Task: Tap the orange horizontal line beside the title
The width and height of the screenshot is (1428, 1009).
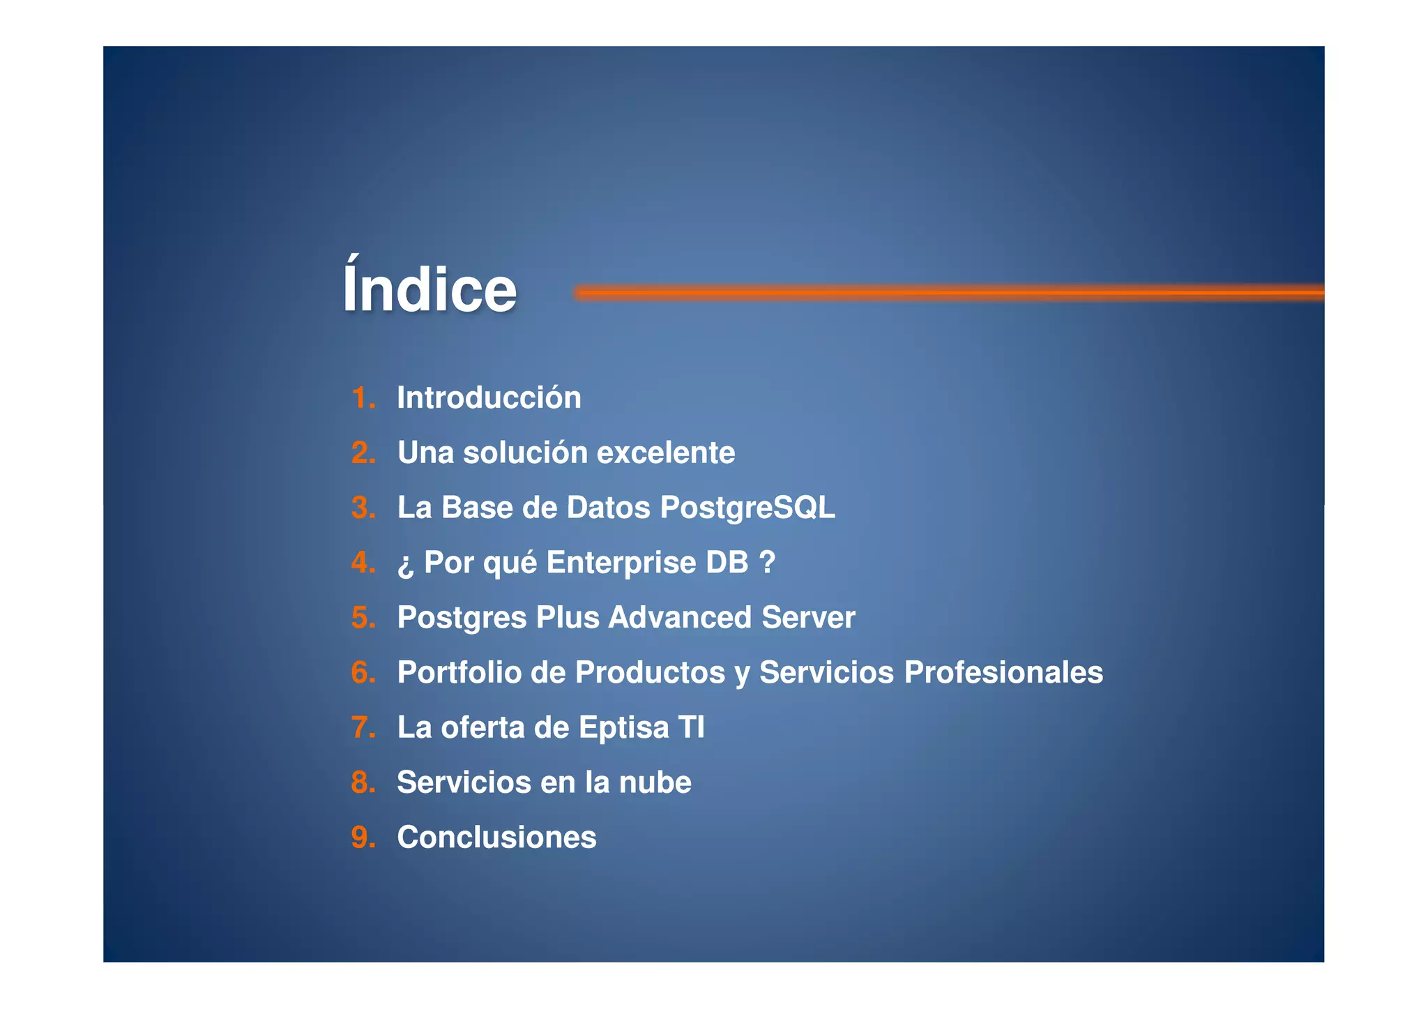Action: (x=948, y=293)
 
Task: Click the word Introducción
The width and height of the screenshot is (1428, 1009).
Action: (x=489, y=398)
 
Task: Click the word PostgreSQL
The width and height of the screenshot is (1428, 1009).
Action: (x=747, y=508)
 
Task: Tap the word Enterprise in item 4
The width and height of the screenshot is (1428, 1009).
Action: (x=621, y=563)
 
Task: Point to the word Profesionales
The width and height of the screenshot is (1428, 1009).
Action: (x=1003, y=673)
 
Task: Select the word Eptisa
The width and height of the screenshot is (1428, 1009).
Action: (x=623, y=728)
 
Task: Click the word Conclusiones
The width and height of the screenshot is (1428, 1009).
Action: (x=496, y=837)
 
